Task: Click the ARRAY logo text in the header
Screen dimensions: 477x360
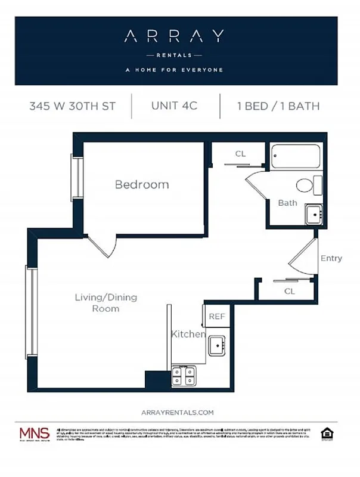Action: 174,36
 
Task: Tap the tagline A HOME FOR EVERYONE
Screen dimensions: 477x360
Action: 174,70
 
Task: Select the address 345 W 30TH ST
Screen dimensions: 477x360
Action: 73,107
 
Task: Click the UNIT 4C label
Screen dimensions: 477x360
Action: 174,107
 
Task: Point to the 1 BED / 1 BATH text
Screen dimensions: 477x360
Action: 278,107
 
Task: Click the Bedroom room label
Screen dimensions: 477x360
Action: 142,185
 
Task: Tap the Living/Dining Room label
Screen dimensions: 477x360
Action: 97,302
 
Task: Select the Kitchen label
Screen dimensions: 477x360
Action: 188,334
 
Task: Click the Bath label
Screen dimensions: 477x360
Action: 287,203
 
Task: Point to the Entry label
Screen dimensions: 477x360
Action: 331,258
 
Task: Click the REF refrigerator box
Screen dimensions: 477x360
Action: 217,316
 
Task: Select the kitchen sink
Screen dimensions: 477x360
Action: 216,346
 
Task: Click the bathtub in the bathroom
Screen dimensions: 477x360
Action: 296,158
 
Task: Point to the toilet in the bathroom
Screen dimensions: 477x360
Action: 308,185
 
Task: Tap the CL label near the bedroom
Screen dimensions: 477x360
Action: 240,154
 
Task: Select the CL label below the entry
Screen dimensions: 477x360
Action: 290,291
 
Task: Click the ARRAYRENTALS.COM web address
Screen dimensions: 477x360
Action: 177,412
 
